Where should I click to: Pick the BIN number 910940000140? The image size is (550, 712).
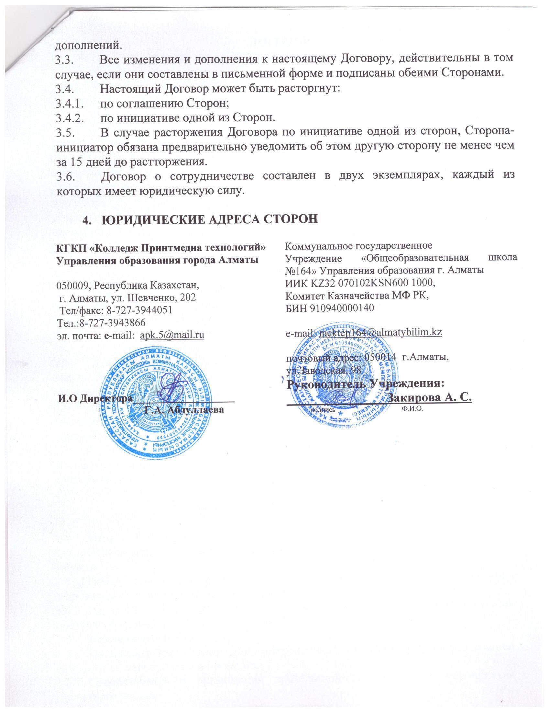point(342,308)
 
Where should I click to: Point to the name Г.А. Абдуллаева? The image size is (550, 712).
point(184,409)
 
